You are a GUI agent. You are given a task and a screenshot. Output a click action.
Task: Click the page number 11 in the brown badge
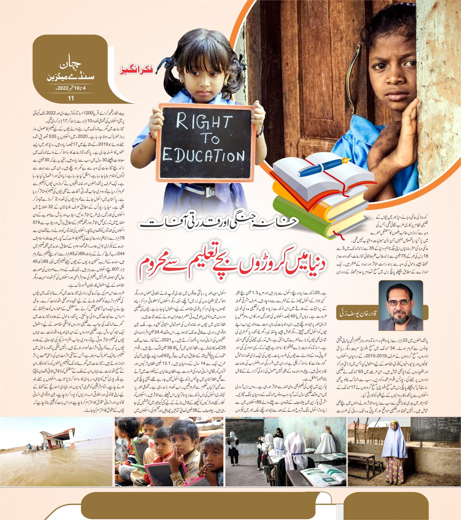point(69,98)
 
